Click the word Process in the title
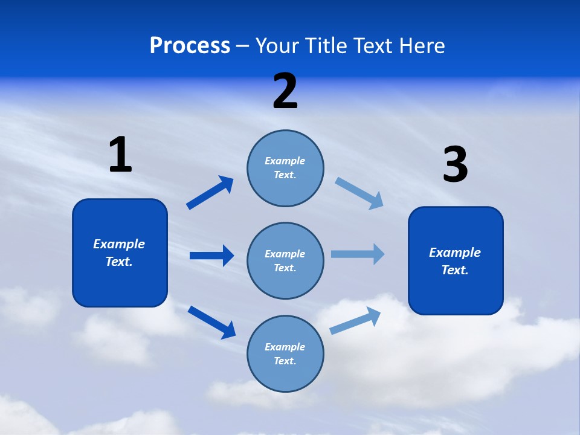pyautogui.click(x=190, y=45)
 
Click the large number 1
pyautogui.click(x=120, y=155)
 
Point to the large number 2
pyautogui.click(x=285, y=91)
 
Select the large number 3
pyautogui.click(x=455, y=165)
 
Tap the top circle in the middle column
pyautogui.click(x=285, y=168)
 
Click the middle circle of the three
pyautogui.click(x=285, y=260)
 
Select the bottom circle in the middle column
pyautogui.click(x=285, y=353)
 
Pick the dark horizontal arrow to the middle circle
pyautogui.click(x=211, y=256)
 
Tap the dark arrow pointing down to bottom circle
pyautogui.click(x=211, y=321)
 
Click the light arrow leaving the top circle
pyautogui.click(x=359, y=193)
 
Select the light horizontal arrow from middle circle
pyautogui.click(x=358, y=254)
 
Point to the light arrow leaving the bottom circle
pyautogui.click(x=356, y=320)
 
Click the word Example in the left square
pyautogui.click(x=119, y=244)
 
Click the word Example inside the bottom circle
pyautogui.click(x=285, y=347)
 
